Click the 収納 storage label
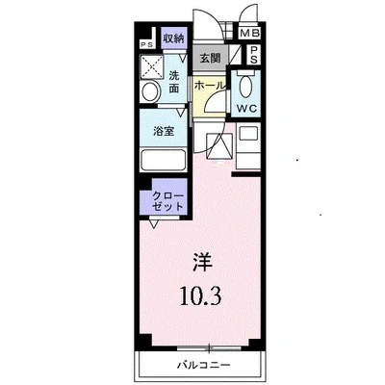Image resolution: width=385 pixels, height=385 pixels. click(x=173, y=38)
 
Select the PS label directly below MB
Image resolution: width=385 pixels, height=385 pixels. click(x=249, y=55)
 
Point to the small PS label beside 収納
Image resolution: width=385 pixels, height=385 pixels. click(x=146, y=44)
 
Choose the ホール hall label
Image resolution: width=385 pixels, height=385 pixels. click(x=211, y=87)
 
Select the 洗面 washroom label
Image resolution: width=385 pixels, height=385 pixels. click(x=174, y=81)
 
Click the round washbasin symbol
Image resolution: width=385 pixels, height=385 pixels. click(x=151, y=92)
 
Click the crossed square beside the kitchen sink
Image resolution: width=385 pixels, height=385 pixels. click(x=218, y=146)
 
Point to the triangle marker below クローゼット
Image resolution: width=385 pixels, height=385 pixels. click(x=154, y=224)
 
